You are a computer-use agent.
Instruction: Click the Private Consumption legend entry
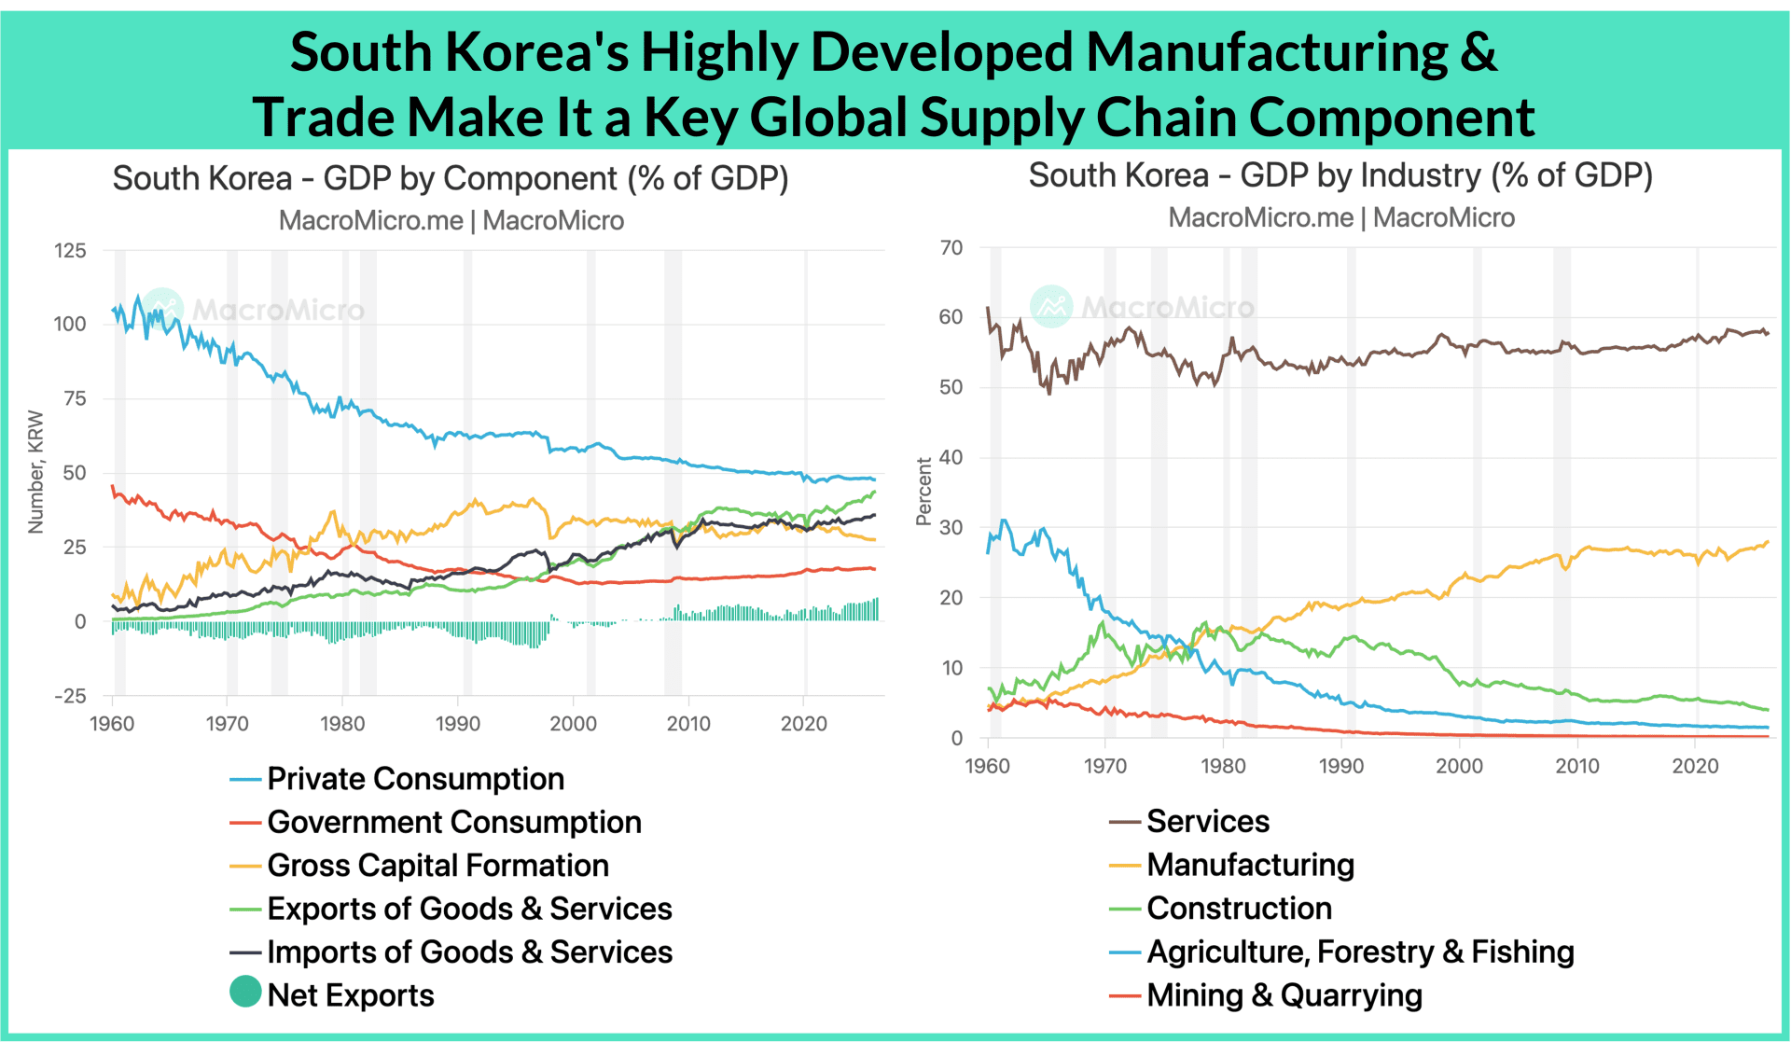click(x=397, y=779)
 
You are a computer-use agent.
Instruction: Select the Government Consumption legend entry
click(x=436, y=822)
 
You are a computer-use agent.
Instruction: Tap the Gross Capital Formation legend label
click(x=437, y=866)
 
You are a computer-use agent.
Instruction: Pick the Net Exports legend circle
click(x=245, y=992)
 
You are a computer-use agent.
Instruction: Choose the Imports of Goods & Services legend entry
click(x=451, y=952)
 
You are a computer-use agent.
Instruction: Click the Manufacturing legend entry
click(x=1231, y=865)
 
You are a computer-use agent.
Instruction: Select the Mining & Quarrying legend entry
click(x=1266, y=995)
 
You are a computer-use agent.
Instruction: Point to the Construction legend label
click(x=1239, y=908)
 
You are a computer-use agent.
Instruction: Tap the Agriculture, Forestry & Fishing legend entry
click(x=1341, y=952)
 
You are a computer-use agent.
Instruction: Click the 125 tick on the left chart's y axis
click(x=70, y=251)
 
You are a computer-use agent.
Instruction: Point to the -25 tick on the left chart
click(x=70, y=696)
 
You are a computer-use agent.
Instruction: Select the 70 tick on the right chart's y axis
click(x=951, y=248)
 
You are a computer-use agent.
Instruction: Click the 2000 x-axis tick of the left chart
click(x=573, y=724)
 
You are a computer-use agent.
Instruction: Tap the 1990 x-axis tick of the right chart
click(x=1341, y=767)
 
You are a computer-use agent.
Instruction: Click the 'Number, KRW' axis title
click(x=36, y=472)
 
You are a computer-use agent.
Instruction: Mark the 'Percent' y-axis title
click(x=923, y=492)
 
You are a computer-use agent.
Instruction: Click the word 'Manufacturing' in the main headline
click(x=1267, y=53)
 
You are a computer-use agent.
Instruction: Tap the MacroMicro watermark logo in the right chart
click(x=1051, y=307)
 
